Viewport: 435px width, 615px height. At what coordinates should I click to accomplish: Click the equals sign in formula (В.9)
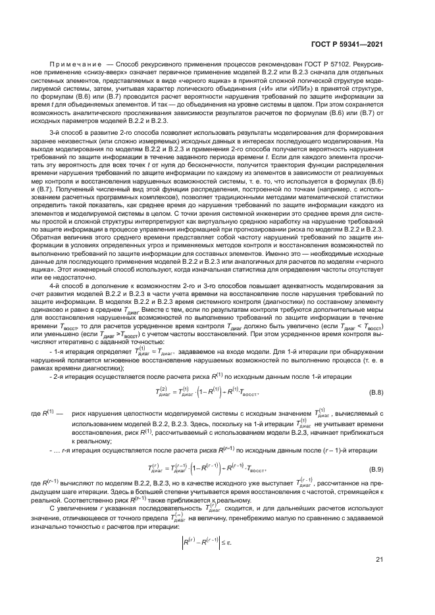click(x=174, y=470)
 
